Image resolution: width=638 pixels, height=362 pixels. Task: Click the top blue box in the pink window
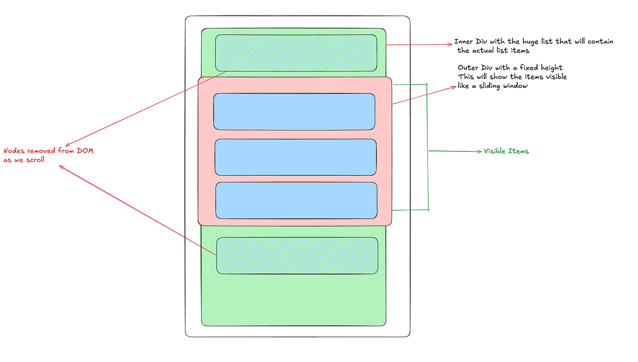pyautogui.click(x=294, y=111)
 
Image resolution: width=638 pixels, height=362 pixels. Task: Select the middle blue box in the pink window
pyautogui.click(x=296, y=157)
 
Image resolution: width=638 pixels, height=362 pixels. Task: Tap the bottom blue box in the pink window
pyautogui.click(x=296, y=200)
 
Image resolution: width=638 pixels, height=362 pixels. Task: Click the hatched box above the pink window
pyautogui.click(x=296, y=53)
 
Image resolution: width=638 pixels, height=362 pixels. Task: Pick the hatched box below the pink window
pyautogui.click(x=297, y=255)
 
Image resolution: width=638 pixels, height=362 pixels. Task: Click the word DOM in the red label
pyautogui.click(x=86, y=151)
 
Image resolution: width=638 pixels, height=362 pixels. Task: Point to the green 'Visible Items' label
pyautogui.click(x=506, y=151)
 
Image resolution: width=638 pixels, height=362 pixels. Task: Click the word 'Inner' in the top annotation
pyautogui.click(x=464, y=42)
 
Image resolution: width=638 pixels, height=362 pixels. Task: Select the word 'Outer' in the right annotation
pyautogui.click(x=467, y=68)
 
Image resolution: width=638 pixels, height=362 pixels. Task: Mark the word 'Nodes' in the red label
pyautogui.click(x=14, y=151)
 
